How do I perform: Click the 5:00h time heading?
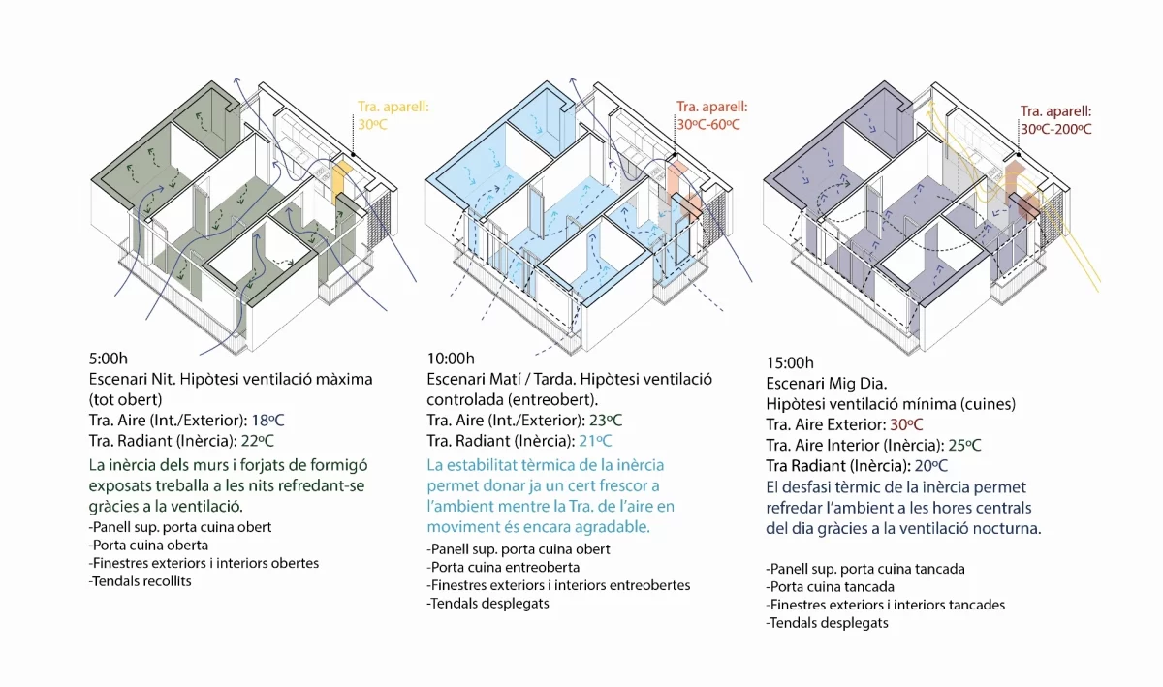point(108,359)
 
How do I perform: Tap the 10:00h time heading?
point(451,359)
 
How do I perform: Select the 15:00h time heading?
point(790,362)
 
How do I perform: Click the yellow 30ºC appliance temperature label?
point(373,125)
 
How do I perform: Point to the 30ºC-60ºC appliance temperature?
point(708,125)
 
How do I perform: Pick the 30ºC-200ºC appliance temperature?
point(1056,129)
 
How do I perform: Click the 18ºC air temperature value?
point(267,421)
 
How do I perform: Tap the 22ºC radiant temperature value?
point(258,441)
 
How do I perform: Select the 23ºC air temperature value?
point(606,421)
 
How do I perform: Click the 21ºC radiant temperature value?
point(595,441)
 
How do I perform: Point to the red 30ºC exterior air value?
point(906,424)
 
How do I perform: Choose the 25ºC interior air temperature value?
point(964,445)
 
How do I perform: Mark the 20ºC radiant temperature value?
point(931,466)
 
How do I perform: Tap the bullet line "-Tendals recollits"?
point(141,581)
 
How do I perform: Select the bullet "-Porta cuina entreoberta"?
point(503,567)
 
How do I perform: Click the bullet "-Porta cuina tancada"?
point(831,587)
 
